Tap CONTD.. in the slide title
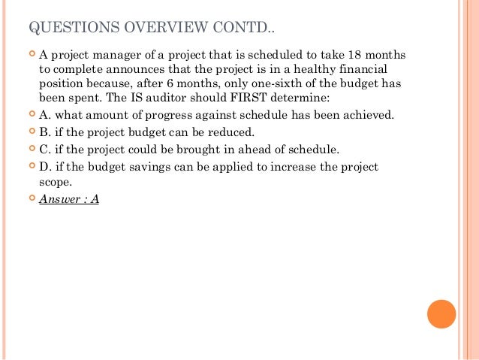[x=248, y=29]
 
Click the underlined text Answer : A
[x=69, y=200]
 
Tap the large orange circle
[x=441, y=313]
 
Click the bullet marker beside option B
[x=30, y=132]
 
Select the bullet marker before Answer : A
[x=30, y=200]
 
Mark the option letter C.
[x=44, y=148]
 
